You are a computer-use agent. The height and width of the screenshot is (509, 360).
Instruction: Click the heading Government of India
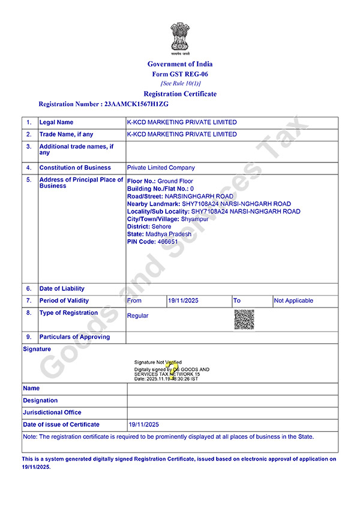180,64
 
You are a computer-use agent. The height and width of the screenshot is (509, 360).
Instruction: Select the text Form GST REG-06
180,74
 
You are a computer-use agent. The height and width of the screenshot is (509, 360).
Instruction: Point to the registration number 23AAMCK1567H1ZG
137,104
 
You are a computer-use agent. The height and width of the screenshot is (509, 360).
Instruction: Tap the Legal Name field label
56,122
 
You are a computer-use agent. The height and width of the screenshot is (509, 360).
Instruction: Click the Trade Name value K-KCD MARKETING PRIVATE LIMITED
182,134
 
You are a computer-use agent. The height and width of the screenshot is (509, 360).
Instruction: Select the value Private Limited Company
161,168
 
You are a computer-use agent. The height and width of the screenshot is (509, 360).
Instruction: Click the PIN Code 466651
167,241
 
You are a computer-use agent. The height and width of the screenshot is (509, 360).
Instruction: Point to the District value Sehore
162,227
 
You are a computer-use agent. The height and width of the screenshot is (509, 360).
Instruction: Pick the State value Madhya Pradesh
169,234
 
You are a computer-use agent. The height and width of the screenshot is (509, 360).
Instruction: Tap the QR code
244,320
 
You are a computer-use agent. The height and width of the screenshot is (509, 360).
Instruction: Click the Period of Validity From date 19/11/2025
182,300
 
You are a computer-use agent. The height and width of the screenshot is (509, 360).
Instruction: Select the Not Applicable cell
293,300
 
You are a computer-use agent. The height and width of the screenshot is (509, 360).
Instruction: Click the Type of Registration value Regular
137,315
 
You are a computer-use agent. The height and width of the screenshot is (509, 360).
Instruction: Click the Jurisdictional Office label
52,412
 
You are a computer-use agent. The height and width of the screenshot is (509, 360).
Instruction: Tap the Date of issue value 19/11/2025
143,424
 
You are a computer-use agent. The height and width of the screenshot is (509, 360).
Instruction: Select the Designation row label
41,400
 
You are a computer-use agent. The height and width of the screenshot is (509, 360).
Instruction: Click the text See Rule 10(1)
180,83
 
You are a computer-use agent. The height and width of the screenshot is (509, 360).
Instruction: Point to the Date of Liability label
62,288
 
